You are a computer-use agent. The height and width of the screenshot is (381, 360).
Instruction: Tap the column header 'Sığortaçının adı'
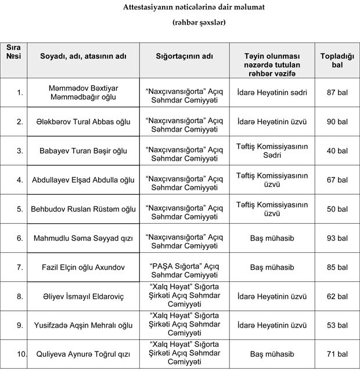tap(184, 57)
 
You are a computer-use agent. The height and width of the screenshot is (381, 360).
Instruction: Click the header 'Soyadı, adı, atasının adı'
tap(82, 57)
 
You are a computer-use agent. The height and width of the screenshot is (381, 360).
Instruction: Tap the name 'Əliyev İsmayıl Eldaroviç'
tap(82, 296)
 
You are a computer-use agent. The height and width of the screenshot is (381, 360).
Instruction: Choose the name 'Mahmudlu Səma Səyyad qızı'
tap(82, 238)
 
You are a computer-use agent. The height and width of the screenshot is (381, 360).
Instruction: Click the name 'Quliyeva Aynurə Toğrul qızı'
tap(82, 354)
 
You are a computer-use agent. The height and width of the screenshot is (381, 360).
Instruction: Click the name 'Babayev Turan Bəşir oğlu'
tap(82, 151)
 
